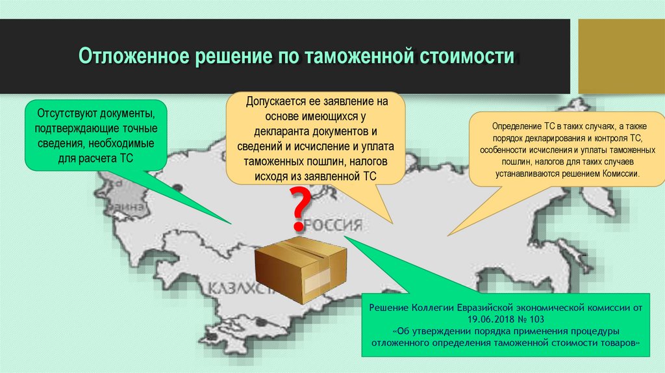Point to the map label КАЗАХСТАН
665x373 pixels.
click(240, 289)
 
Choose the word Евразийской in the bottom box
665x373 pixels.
click(483, 307)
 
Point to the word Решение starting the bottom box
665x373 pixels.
click(387, 307)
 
